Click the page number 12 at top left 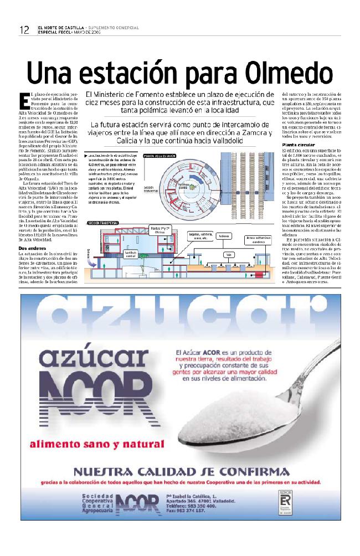(x=23, y=30)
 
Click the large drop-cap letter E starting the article (x=24, y=100)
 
